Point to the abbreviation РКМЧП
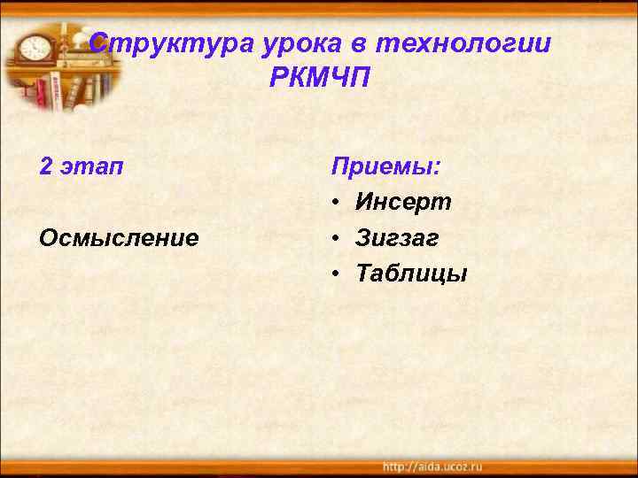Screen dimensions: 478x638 pyautogui.click(x=320, y=78)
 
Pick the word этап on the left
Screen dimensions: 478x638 pyautogui.click(x=93, y=167)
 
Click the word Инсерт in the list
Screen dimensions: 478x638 pyautogui.click(x=403, y=203)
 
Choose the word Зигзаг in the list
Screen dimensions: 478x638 pyautogui.click(x=398, y=239)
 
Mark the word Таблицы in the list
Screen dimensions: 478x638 pyautogui.click(x=411, y=274)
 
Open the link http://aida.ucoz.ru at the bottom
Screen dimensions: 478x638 pyautogui.click(x=432, y=466)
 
